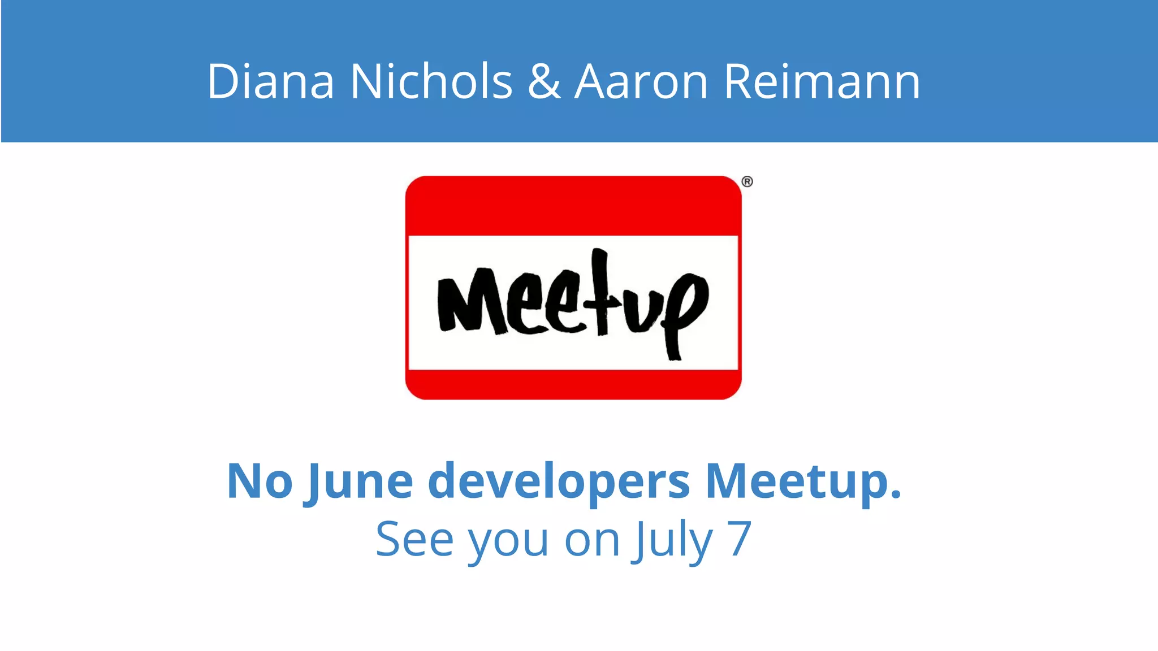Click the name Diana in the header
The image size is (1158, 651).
click(271, 81)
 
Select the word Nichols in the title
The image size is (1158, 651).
click(431, 81)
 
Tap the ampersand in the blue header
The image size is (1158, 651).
click(543, 83)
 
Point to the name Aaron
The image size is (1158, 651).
click(641, 83)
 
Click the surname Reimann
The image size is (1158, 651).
click(822, 83)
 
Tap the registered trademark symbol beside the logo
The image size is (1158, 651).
click(747, 182)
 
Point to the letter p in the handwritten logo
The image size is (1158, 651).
click(684, 311)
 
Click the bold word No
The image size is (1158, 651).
click(260, 481)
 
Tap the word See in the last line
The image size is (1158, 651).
click(414, 540)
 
